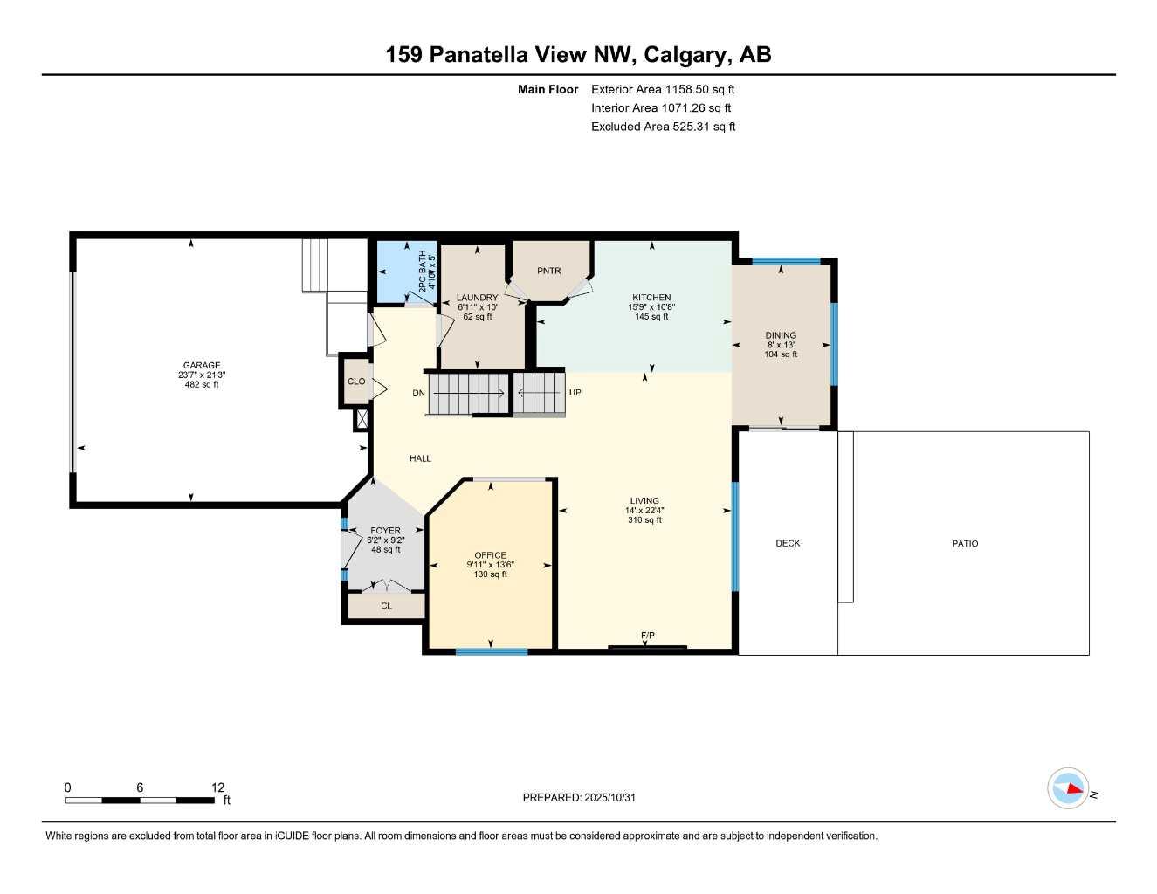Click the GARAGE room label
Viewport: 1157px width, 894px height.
point(202,366)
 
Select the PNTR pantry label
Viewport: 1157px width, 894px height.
point(548,271)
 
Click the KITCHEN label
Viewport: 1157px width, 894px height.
point(651,298)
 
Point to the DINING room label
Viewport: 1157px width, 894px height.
point(781,335)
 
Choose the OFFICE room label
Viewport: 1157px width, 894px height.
point(490,555)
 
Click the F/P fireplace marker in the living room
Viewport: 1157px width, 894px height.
point(647,636)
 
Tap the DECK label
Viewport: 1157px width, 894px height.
point(788,543)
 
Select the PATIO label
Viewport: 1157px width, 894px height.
point(965,543)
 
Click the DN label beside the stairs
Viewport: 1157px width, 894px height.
point(419,393)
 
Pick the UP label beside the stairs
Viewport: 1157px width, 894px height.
point(575,393)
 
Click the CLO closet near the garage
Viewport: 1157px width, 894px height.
point(356,382)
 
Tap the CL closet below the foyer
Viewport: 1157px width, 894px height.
point(386,606)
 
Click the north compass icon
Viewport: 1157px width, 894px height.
point(1068,788)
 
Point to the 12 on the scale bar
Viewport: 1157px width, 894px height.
point(217,787)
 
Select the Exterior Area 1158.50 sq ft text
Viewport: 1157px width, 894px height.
point(663,89)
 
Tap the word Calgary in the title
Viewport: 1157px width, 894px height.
point(685,55)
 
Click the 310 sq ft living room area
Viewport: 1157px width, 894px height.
point(644,520)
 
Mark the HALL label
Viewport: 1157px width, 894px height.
point(420,458)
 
